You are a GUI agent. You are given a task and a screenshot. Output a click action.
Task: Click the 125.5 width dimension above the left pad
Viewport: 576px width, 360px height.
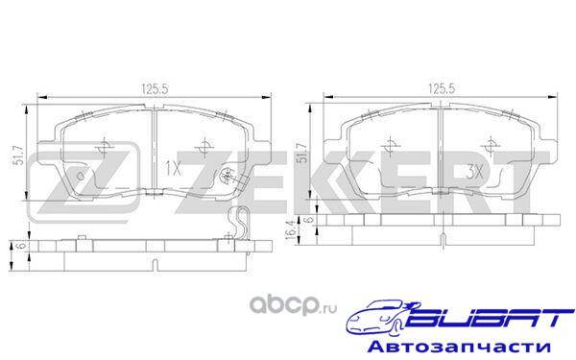point(155,89)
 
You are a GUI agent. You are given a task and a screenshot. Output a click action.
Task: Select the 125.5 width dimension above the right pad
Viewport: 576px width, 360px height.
point(442,88)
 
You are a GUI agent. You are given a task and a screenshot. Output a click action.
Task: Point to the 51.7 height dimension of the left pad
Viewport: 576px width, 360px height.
point(19,156)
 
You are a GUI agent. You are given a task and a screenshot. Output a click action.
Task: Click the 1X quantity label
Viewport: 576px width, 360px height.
point(173,169)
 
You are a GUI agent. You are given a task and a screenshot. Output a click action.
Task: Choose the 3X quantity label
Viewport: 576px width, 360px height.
point(474,172)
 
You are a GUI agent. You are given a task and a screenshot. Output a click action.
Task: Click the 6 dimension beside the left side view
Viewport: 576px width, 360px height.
point(22,246)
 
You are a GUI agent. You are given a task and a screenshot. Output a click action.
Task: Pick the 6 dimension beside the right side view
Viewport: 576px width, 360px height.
point(309,220)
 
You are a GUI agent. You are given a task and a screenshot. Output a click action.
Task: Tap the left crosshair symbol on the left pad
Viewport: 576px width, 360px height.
point(103,148)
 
